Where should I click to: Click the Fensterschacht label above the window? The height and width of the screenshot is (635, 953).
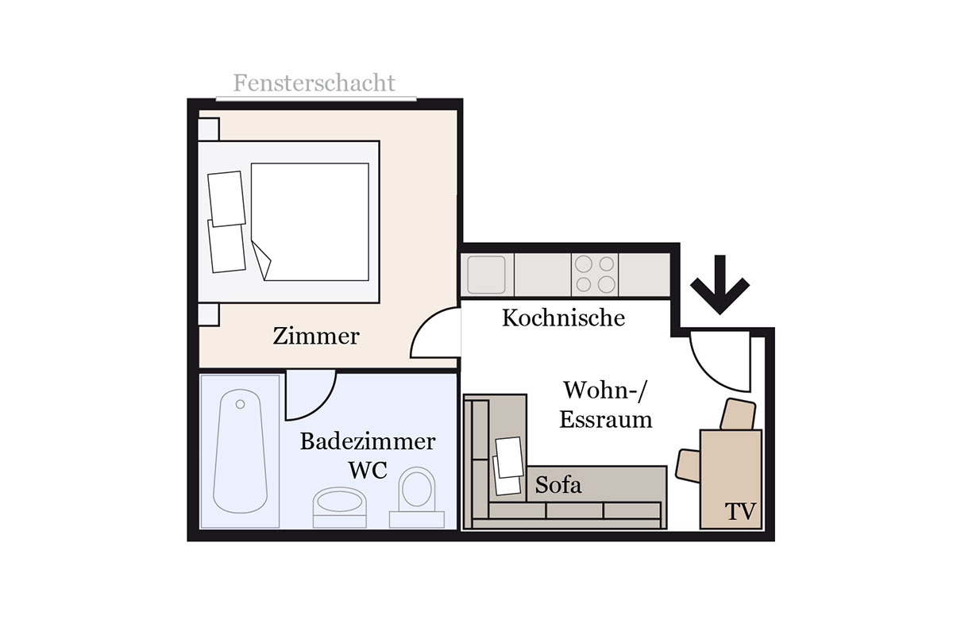(314, 83)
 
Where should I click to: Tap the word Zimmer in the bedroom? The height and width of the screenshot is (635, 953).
(316, 336)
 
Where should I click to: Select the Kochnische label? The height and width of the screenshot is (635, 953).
(563, 317)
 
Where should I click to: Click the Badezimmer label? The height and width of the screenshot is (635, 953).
(368, 441)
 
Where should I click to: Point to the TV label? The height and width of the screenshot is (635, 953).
(740, 512)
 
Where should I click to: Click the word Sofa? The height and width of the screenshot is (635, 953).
(558, 484)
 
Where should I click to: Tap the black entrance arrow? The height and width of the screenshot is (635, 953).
(720, 284)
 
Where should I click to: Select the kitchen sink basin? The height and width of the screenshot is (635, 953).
(486, 275)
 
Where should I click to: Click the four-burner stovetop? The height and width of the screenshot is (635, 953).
(595, 275)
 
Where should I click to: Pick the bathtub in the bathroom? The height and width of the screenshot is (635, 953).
(241, 451)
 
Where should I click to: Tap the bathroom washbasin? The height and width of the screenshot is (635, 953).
(340, 502)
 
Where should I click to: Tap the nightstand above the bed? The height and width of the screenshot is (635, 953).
(208, 129)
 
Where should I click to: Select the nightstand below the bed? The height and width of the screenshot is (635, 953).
(208, 315)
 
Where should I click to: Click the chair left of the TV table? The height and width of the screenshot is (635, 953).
(688, 466)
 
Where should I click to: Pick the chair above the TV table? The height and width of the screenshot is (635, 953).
(738, 414)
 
